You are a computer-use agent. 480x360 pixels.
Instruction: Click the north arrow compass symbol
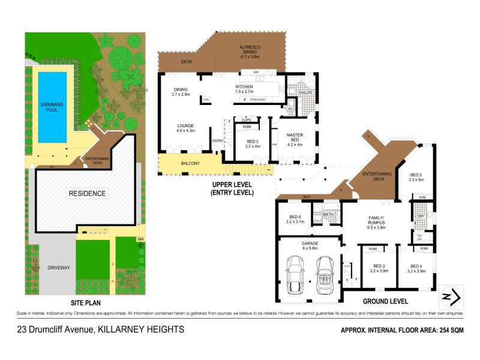tap(451, 296)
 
